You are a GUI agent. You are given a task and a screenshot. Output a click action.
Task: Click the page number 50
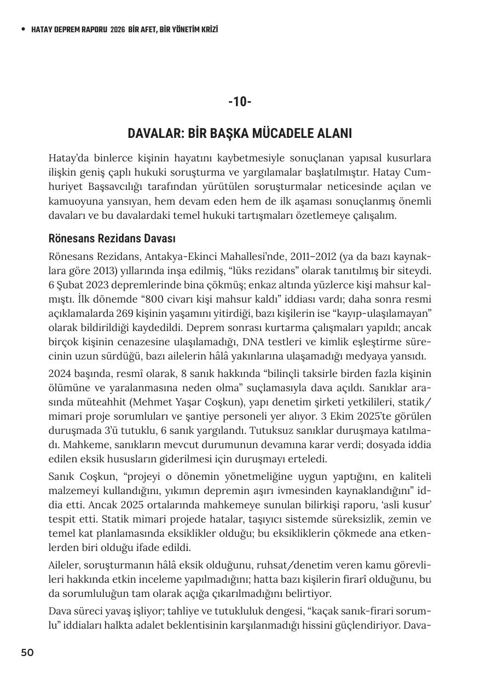pos(27,652)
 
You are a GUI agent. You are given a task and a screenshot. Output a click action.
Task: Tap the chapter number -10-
pos(240,102)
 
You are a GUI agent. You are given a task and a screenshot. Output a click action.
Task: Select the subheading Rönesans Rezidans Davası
pos(112,239)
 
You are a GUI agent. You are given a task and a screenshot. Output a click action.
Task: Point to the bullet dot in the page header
pos(22,30)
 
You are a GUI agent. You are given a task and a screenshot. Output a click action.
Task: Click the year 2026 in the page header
pos(117,30)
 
